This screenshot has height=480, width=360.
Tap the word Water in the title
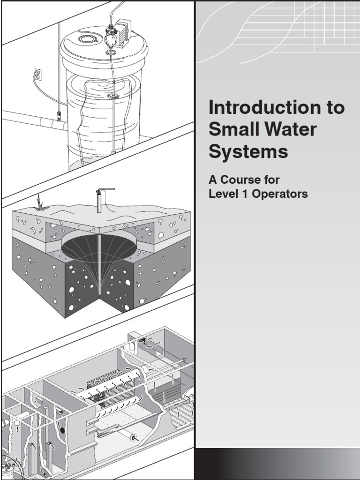[287, 130]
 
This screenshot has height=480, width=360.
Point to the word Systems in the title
[248, 152]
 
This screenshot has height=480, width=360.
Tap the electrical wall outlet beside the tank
[37, 74]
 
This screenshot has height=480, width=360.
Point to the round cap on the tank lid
[87, 39]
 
